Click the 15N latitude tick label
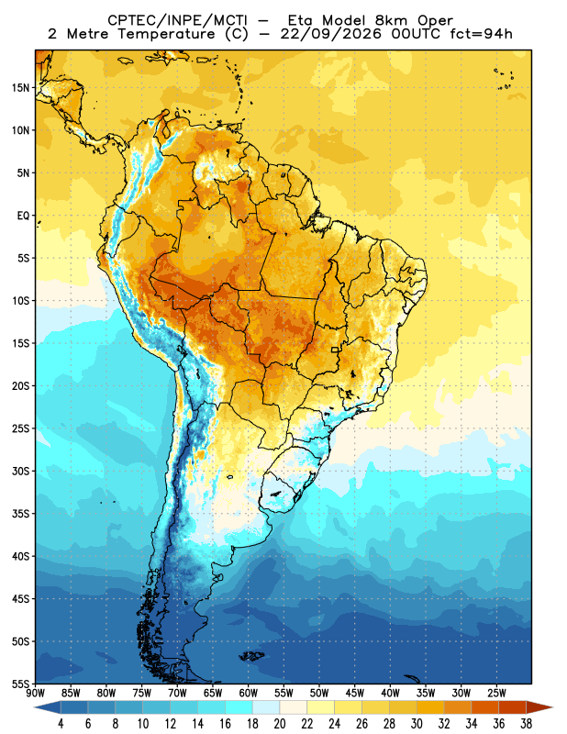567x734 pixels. point(20,88)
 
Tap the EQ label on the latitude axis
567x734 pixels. point(24,216)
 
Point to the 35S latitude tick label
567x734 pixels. point(20,514)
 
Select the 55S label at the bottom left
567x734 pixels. point(20,684)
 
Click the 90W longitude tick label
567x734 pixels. point(35,693)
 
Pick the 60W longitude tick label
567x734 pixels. point(248,693)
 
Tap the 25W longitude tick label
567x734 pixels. point(496,693)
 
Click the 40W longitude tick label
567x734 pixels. point(391,693)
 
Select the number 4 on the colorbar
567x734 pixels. point(61,724)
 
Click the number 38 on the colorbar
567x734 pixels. point(526,724)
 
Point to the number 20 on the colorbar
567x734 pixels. point(280,724)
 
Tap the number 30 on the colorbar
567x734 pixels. point(417,724)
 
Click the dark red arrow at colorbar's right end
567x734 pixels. point(539,707)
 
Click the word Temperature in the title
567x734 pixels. point(166,34)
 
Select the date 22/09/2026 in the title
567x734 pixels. point(331,34)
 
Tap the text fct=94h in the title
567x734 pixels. point(481,34)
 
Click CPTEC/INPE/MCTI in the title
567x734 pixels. point(177,20)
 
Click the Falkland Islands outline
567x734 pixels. point(252,656)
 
